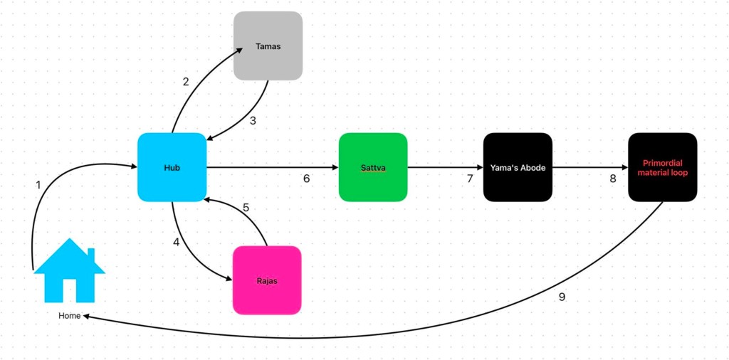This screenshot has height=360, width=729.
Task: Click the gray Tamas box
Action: pyautogui.click(x=268, y=46)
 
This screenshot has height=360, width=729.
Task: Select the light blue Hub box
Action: pyautogui.click(x=172, y=167)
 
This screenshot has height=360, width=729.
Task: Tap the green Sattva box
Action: pyautogui.click(x=372, y=167)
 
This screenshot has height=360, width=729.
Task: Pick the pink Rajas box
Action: pyautogui.click(x=267, y=280)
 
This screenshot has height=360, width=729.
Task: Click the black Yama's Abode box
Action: pyautogui.click(x=518, y=167)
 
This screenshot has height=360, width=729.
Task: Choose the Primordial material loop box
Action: pyautogui.click(x=662, y=167)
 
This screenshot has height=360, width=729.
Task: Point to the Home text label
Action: pyautogui.click(x=70, y=315)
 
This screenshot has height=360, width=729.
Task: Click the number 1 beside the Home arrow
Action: pyautogui.click(x=38, y=185)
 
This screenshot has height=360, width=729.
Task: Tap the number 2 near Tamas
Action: pyautogui.click(x=186, y=82)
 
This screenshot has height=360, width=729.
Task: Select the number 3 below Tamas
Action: pyautogui.click(x=253, y=120)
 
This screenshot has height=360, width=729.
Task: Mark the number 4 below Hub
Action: pyautogui.click(x=176, y=242)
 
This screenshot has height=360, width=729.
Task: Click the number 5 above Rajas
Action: pyautogui.click(x=246, y=208)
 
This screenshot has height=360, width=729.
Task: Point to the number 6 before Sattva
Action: pyautogui.click(x=306, y=179)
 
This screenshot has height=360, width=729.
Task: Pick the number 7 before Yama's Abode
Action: pyautogui.click(x=470, y=179)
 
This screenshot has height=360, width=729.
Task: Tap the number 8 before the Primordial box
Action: pyautogui.click(x=613, y=179)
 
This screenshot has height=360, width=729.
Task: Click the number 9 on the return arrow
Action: pyautogui.click(x=562, y=297)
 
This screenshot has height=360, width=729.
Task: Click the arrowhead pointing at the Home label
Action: pyautogui.click(x=86, y=315)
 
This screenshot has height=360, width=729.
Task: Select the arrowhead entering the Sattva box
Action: pyautogui.click(x=334, y=168)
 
